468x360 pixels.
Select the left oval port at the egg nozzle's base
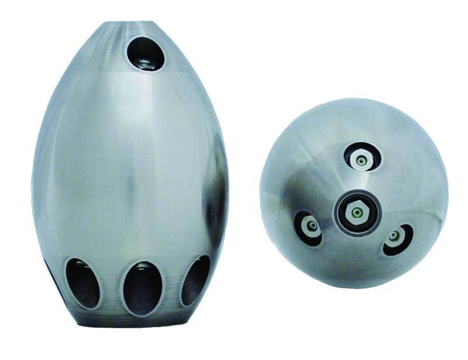(x=82, y=283)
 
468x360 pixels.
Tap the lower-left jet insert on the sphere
(x=309, y=225)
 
